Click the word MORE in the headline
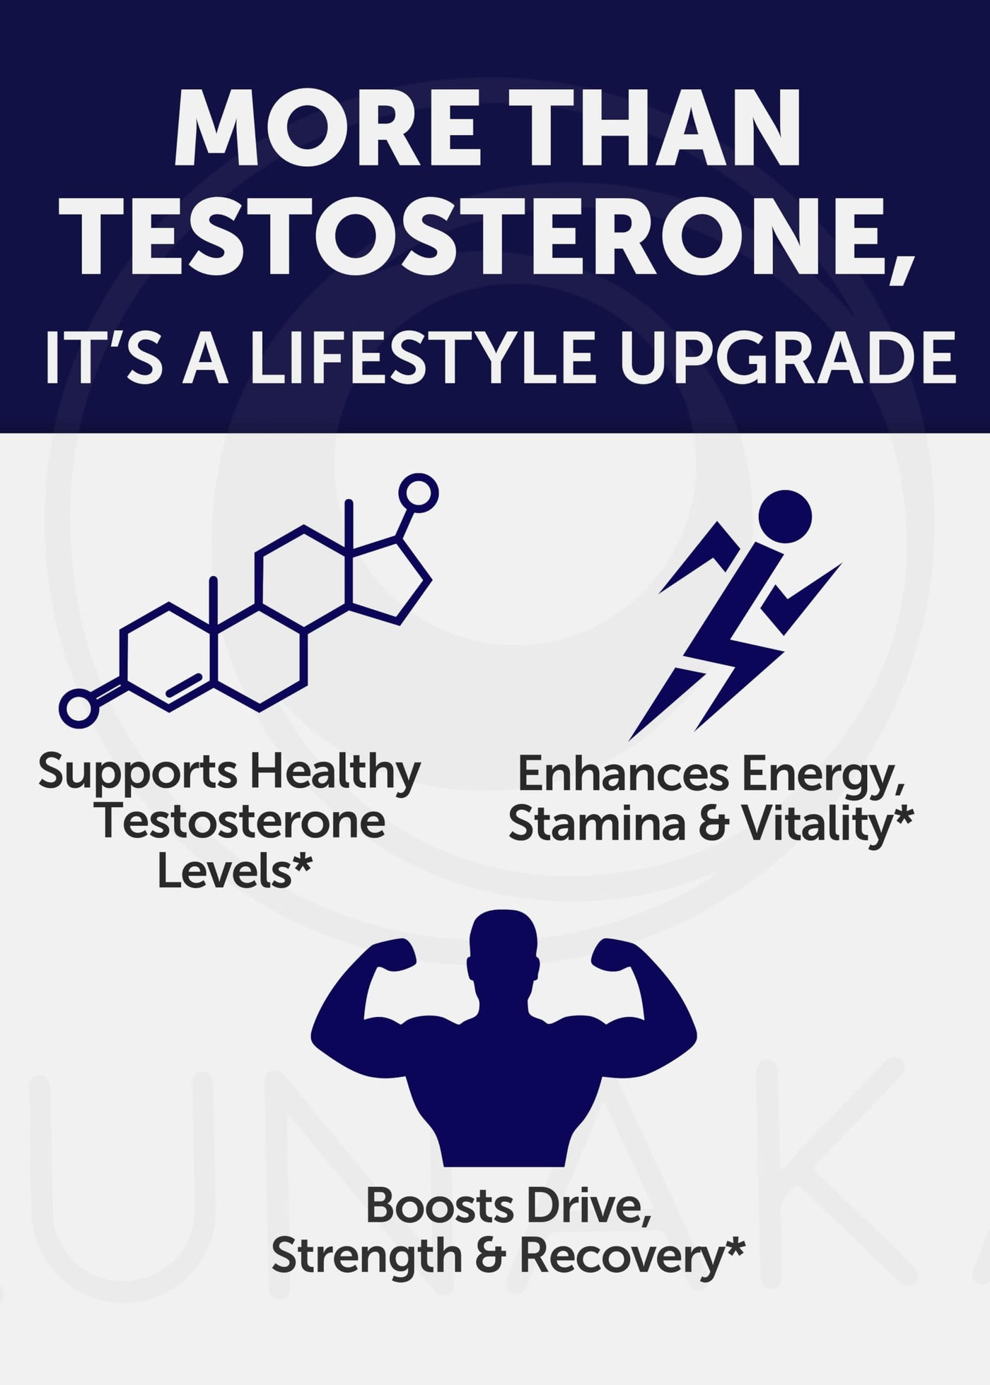(327, 127)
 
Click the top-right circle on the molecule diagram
(418, 493)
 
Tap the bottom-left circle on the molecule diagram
(78, 708)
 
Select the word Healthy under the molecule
(336, 772)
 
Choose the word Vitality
(827, 825)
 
